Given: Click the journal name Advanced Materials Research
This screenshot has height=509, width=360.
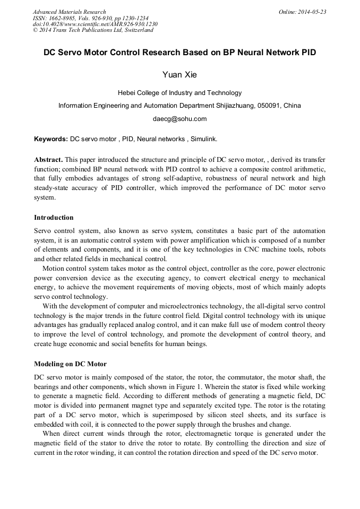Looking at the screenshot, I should click(69, 12).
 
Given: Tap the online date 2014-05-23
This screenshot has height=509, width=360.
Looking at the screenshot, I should click(312, 12).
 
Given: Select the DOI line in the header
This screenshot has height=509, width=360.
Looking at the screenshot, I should click(95, 24).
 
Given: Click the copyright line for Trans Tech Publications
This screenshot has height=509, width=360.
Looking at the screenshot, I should click(93, 30).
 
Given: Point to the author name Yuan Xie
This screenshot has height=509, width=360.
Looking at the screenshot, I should click(179, 75).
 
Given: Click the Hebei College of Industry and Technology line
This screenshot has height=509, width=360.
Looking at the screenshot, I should click(179, 93).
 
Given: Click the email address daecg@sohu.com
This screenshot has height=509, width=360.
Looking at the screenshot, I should click(179, 119).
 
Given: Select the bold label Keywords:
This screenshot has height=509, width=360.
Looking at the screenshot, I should click(51, 139).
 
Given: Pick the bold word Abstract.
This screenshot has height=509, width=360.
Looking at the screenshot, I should click(48, 159).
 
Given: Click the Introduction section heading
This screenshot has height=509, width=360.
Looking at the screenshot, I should click(54, 218).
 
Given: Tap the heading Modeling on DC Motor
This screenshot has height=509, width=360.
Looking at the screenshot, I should click(70, 364).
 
